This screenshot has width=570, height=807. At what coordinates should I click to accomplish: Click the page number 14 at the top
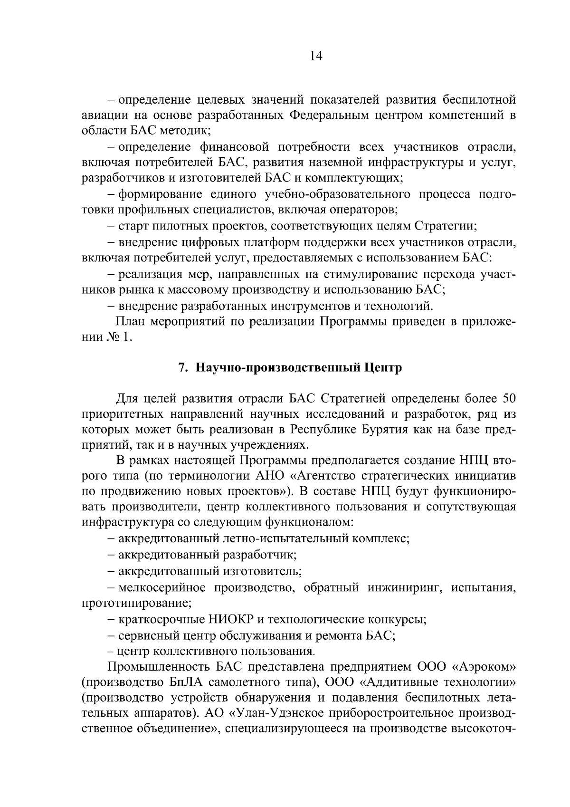click(x=316, y=57)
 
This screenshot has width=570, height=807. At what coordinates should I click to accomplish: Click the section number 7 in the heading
click(x=180, y=368)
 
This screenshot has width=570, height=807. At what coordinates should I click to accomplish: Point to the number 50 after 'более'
click(x=506, y=398)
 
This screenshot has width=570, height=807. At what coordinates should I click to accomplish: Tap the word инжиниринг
click(x=403, y=588)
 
